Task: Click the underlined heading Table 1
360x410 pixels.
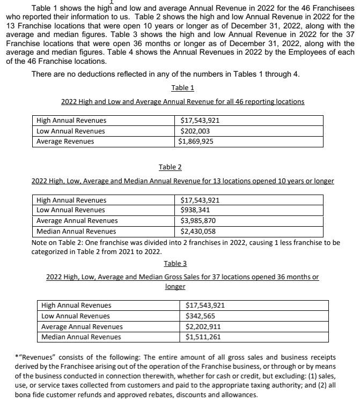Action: (x=182, y=88)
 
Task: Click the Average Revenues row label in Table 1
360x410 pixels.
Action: (x=65, y=141)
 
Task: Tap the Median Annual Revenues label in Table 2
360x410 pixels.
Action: (x=76, y=232)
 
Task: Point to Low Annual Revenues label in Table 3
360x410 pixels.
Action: (x=76, y=316)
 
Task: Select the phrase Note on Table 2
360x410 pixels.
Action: (x=55, y=242)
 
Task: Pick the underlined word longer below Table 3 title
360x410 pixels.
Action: (x=175, y=287)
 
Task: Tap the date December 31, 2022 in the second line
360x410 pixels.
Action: (x=268, y=26)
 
